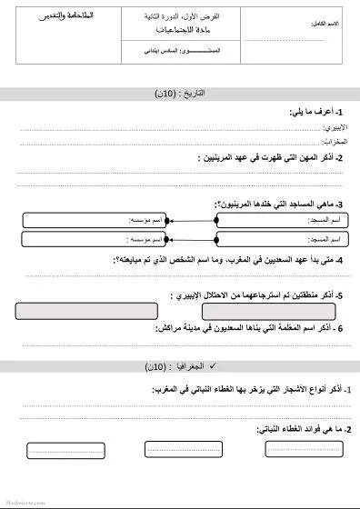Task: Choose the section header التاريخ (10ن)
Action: (180, 93)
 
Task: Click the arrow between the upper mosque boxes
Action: (192, 220)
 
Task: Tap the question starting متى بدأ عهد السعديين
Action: (227, 260)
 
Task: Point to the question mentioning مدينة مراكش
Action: (245, 328)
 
